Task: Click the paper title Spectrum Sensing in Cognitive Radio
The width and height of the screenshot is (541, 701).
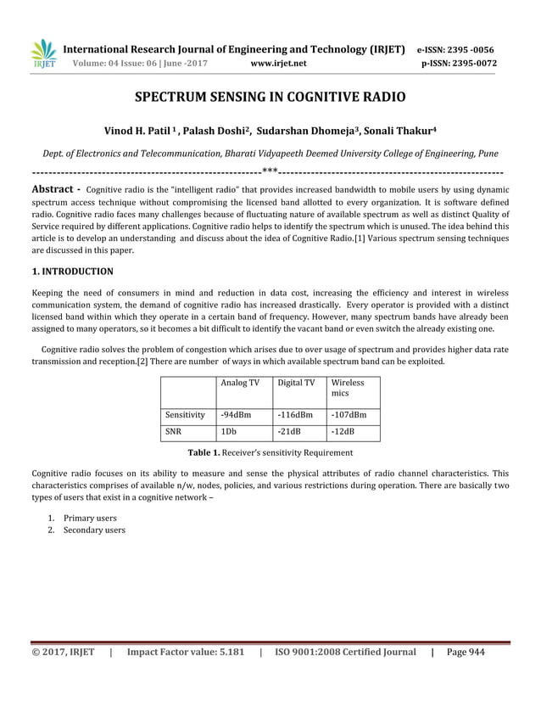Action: pos(270,98)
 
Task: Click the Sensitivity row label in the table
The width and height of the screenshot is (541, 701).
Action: pos(185,416)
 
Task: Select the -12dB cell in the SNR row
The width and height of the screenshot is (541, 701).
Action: pos(343,432)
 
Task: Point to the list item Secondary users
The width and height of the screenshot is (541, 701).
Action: pos(94,530)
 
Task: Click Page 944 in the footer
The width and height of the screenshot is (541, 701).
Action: pos(465,652)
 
